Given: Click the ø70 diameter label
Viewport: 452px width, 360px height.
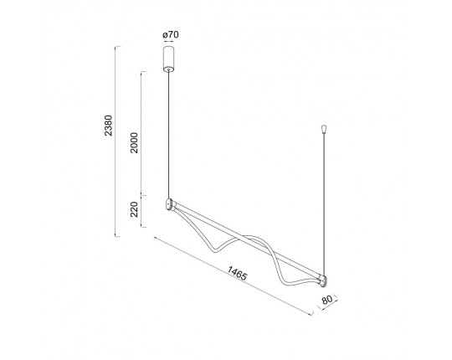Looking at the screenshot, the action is tap(171, 35).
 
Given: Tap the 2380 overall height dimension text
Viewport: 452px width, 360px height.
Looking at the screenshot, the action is tap(108, 126).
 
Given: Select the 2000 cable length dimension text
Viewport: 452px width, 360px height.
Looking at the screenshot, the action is tap(134, 142).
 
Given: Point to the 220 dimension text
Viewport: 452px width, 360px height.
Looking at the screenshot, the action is tap(134, 209).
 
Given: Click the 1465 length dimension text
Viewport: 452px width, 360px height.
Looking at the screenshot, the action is tap(237, 273).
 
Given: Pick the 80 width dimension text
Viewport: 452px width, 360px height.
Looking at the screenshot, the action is tap(327, 300).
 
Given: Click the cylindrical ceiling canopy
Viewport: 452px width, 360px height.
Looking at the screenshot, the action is tap(168, 59).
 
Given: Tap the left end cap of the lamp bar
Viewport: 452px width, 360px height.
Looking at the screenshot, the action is tap(169, 204).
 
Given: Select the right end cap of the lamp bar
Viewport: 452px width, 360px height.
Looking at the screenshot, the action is tap(324, 281).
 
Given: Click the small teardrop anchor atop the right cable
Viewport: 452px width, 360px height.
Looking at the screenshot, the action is tap(324, 129).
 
